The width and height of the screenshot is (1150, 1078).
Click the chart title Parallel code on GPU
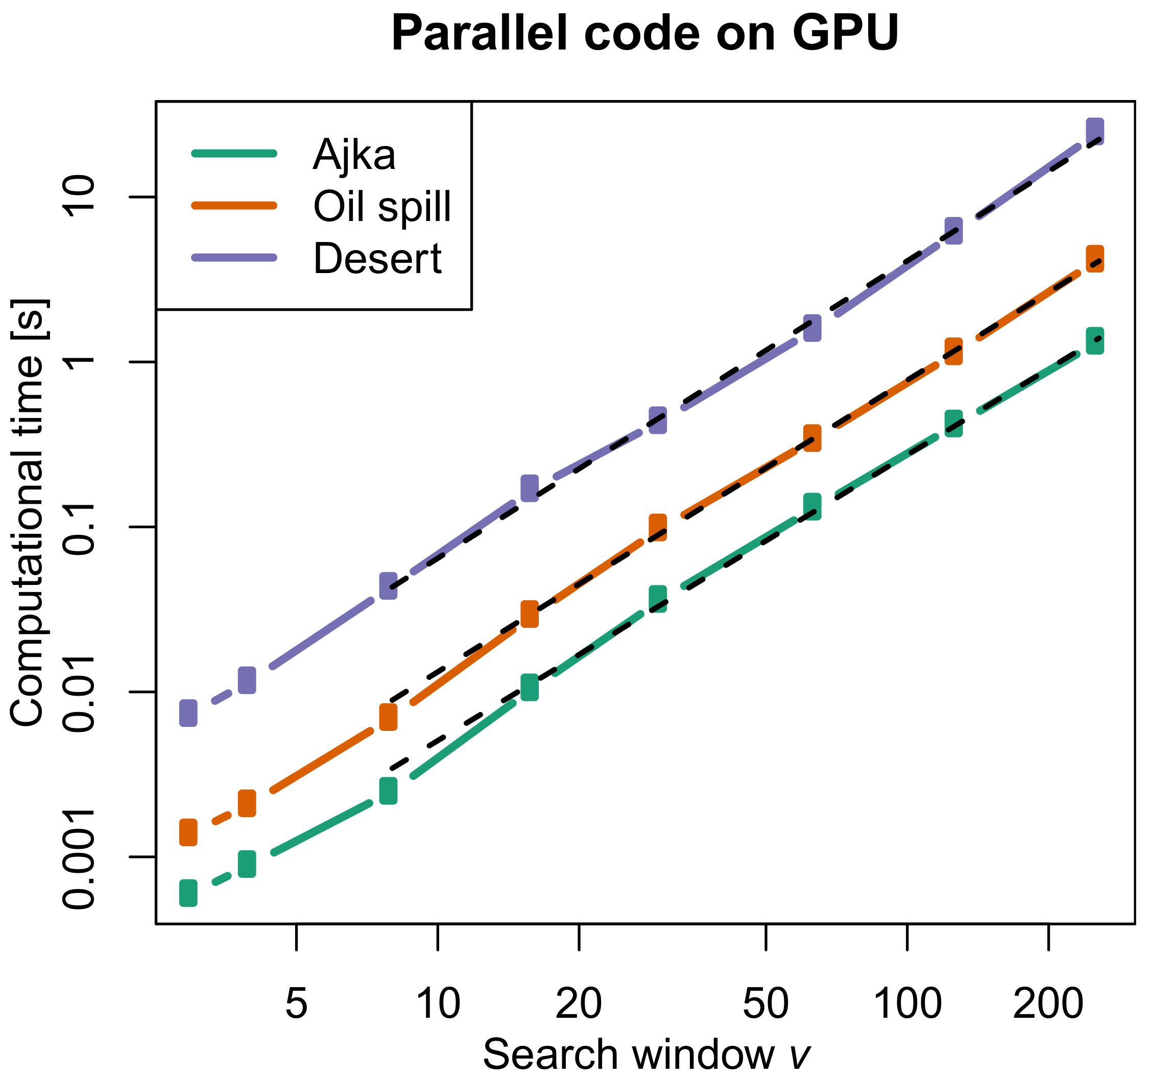pyautogui.click(x=644, y=34)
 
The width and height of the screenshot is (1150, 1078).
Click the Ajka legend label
pyautogui.click(x=354, y=155)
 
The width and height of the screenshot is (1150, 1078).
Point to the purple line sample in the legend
pyautogui.click(x=234, y=257)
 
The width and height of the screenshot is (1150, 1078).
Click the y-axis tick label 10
pyautogui.click(x=79, y=197)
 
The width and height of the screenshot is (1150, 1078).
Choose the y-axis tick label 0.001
pyautogui.click(x=79, y=857)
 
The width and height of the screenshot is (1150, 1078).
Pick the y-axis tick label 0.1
pyautogui.click(x=79, y=527)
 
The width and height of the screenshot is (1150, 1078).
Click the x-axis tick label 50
pyautogui.click(x=765, y=1004)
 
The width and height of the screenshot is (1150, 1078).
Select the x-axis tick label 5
pyautogui.click(x=296, y=1004)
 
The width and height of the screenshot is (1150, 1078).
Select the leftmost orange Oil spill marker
pyautogui.click(x=188, y=832)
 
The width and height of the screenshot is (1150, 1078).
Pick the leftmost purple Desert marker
pyautogui.click(x=188, y=713)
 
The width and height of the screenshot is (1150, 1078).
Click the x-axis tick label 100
pyautogui.click(x=906, y=1004)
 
